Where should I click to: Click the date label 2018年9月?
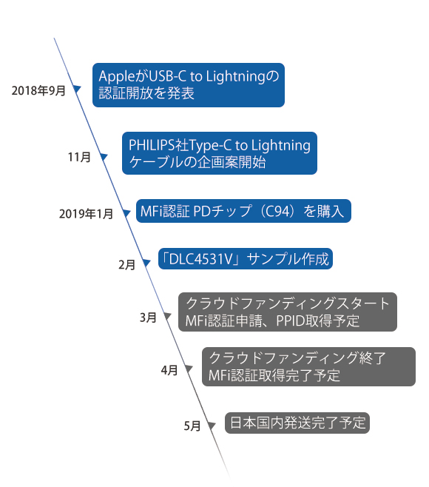point(38,91)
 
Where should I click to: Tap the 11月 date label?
point(79,157)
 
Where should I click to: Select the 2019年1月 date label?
point(86,214)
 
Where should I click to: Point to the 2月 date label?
point(126,265)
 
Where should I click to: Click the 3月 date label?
point(148,318)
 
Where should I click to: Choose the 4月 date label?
point(169,370)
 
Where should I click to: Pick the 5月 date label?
point(192,426)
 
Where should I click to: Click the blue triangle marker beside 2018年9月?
point(77,89)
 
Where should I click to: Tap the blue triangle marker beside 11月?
point(104,157)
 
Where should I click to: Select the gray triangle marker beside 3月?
point(168,316)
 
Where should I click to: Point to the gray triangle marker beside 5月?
point(212,425)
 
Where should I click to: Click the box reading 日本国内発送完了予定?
point(297,423)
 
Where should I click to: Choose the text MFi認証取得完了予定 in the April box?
point(274,375)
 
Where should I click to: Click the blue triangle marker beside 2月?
point(146,263)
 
